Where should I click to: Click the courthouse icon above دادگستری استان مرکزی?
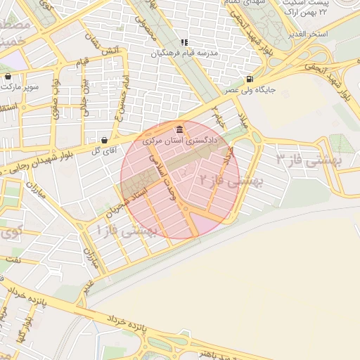(181, 130)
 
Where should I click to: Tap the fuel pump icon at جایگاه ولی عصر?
(250, 79)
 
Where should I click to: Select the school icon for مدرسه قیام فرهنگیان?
(184, 42)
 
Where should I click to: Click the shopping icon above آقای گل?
(104, 139)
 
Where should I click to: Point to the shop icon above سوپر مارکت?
(8, 77)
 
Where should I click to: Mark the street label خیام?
(221, 120)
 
